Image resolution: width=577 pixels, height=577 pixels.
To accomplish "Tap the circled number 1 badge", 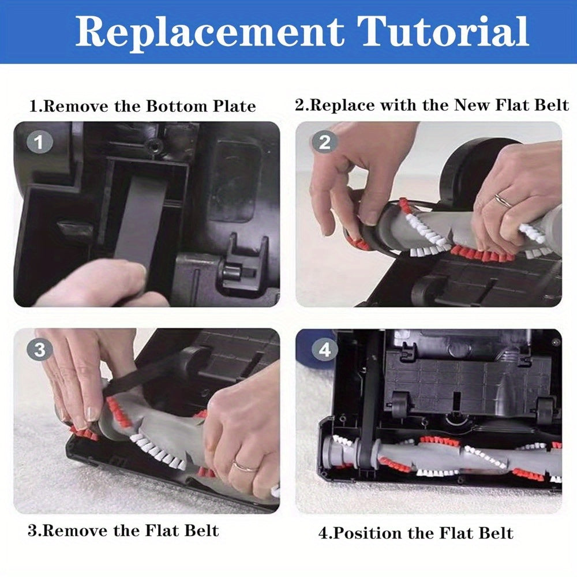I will click(40, 143).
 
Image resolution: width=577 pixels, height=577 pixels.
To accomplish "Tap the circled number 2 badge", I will click(325, 142).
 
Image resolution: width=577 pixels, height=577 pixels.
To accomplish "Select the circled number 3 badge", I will click(40, 349).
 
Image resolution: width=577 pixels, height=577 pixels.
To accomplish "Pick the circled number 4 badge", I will click(325, 350).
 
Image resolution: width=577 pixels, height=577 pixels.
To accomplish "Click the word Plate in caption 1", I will click(228, 106).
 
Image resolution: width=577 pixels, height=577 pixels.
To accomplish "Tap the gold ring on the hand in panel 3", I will click(244, 466).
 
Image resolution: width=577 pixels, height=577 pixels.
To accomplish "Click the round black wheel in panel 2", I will click(473, 164).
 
